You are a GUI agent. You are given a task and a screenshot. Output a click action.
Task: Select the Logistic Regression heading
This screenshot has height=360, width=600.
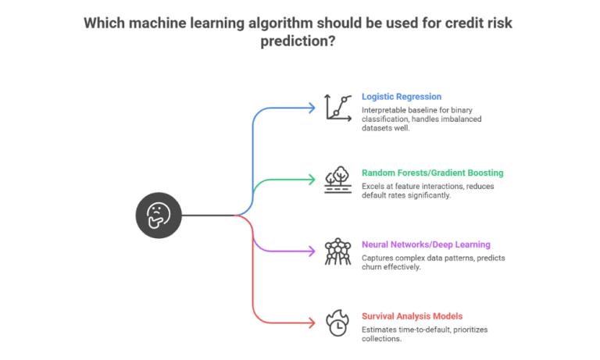[x=402, y=97]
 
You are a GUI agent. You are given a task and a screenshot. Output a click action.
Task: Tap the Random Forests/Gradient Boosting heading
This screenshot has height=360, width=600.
[x=432, y=173]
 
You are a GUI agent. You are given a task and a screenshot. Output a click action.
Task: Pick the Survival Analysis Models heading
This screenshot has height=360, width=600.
[x=412, y=316]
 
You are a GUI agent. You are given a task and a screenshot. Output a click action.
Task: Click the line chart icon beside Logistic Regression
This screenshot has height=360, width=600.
[x=338, y=107]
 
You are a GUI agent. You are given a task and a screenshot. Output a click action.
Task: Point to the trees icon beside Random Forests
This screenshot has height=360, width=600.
[x=338, y=180]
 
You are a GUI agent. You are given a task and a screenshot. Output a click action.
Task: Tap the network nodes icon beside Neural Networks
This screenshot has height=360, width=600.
[x=338, y=251]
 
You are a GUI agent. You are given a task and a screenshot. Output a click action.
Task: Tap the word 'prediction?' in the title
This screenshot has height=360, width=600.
[x=299, y=41]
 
